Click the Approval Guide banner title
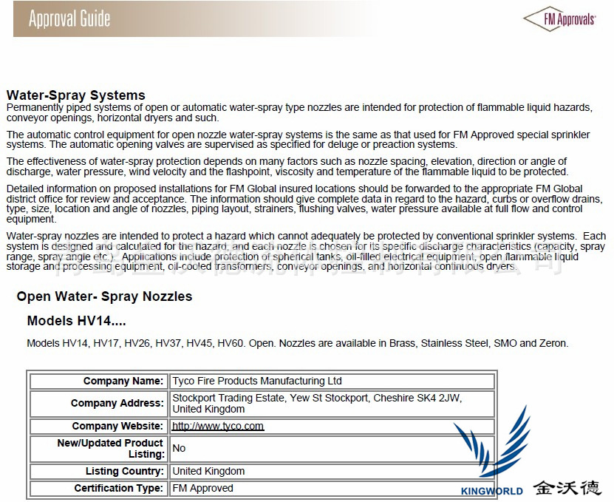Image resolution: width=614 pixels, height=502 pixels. pos(69,18)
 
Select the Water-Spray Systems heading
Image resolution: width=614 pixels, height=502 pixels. pos(75,95)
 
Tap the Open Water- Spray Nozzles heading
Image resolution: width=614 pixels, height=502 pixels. pos(104,296)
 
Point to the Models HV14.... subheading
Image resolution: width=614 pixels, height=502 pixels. pos(76,321)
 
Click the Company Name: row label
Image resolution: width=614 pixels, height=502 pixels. pos(123,381)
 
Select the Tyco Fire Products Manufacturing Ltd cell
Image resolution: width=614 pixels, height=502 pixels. pos(257,381)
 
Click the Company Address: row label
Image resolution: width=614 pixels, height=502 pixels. pos(117,403)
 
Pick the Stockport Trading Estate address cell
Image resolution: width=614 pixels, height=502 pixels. pos(316,403)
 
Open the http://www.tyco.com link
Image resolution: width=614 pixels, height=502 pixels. pos(218,426)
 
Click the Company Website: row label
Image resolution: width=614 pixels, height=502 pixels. pos(117,426)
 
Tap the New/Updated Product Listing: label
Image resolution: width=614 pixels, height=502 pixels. pos(110,448)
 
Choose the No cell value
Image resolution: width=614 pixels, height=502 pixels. pos(179,448)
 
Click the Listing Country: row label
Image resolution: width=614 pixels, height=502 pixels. pos(124,471)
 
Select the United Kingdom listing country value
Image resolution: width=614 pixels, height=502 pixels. pos(208,471)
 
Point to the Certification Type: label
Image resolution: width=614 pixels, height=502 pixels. pos(118,488)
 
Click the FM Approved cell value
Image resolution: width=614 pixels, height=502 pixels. pos(202,488)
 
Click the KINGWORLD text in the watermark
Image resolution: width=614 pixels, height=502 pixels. pos(491,491)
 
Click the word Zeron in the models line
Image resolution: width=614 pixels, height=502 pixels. pos(553,343)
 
